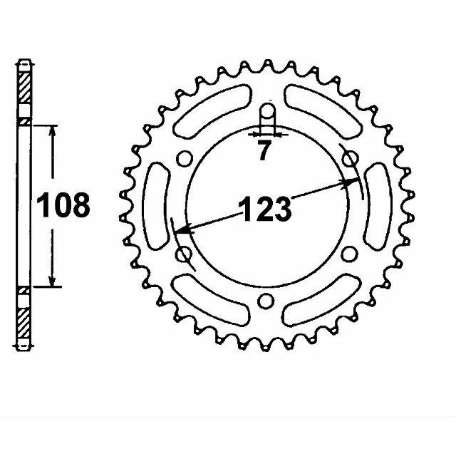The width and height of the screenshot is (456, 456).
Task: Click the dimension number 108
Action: pyautogui.click(x=64, y=205)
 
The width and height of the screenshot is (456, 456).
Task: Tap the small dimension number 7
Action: pyautogui.click(x=265, y=150)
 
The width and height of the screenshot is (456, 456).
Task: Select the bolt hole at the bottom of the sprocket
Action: pyautogui.click(x=265, y=300)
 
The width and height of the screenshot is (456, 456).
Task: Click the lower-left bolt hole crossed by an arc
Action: pyautogui.click(x=183, y=253)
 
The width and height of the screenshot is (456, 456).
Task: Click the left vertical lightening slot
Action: pyautogui.click(x=156, y=206)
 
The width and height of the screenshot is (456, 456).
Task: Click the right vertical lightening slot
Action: pyautogui.click(x=375, y=206)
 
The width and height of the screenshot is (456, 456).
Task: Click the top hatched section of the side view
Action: pyautogui.click(x=25, y=89)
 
